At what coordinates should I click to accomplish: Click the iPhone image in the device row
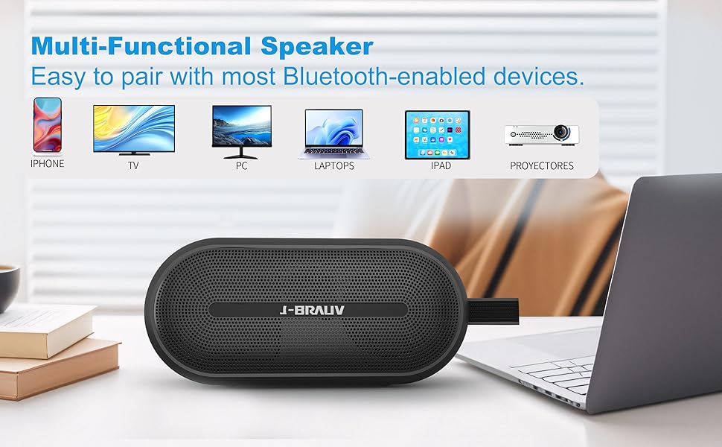tap(47, 125)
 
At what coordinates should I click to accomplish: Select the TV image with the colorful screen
tap(134, 130)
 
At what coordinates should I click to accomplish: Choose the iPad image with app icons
tap(438, 135)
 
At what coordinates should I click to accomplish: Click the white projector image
tap(542, 134)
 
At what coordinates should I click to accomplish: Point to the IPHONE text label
tap(47, 164)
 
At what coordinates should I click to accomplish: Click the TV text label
tap(133, 166)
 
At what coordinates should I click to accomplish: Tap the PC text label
tap(241, 166)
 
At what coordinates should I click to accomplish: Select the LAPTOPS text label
tap(334, 166)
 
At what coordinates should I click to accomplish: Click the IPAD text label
tap(441, 166)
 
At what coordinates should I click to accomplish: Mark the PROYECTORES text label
tap(542, 166)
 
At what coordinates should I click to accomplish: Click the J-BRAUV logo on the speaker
tap(308, 310)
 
